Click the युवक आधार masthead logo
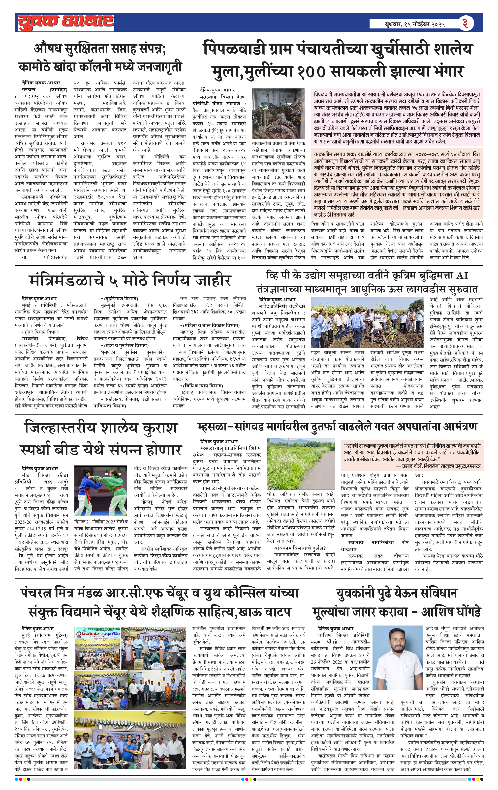click(x=66, y=22)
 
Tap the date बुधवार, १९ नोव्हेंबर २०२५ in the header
click(x=415, y=24)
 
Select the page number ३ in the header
click(x=465, y=23)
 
